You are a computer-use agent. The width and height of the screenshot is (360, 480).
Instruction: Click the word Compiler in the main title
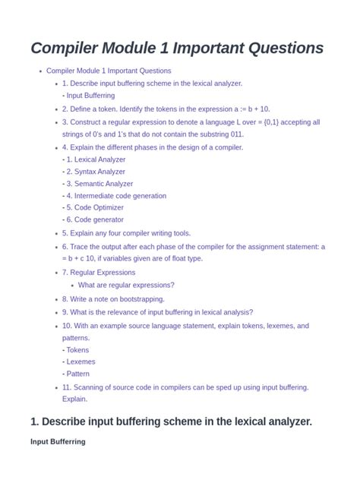coord(66,48)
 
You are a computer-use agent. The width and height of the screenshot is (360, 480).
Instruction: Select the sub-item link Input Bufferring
coord(90,96)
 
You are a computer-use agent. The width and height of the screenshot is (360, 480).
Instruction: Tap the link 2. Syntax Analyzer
coord(96,172)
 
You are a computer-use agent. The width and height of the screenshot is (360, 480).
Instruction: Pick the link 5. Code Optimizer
coord(95,207)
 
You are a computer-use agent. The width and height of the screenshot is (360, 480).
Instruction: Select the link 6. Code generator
coord(95,219)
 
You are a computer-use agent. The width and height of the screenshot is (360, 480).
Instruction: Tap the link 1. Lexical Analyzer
coord(96,159)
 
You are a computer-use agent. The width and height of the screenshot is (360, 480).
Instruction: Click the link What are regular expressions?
coord(126,285)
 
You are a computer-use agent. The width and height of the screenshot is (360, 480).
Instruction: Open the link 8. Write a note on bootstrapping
coord(113,299)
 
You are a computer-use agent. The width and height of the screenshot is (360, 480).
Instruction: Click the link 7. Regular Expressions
coord(99,272)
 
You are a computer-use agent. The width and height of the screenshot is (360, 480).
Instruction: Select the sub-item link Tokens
coord(77,350)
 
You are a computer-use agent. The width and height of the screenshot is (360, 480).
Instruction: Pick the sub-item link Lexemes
coord(81,362)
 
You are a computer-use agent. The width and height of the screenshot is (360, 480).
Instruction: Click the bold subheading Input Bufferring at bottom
coord(58,441)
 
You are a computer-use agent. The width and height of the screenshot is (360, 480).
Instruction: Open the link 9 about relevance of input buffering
coord(157,312)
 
